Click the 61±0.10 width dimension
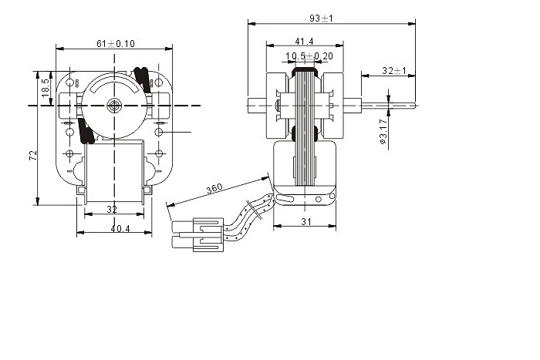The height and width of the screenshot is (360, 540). pyautogui.click(x=116, y=44)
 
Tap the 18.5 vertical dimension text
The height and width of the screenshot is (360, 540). pyautogui.click(x=46, y=88)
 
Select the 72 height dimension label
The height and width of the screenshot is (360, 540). pyautogui.click(x=33, y=155)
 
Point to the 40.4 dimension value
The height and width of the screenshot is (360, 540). pyautogui.click(x=120, y=228)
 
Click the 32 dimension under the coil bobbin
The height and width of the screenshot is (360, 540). pyautogui.click(x=112, y=209)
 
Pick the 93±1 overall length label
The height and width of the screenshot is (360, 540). pyautogui.click(x=322, y=19)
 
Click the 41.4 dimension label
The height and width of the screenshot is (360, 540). pyautogui.click(x=305, y=42)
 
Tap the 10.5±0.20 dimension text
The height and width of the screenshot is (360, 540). pyautogui.click(x=309, y=56)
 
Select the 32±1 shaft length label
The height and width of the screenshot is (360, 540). pyautogui.click(x=394, y=71)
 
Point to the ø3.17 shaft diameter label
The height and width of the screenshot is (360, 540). pyautogui.click(x=383, y=132)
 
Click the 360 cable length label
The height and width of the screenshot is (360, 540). pyautogui.click(x=214, y=189)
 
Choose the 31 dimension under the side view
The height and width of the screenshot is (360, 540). pyautogui.click(x=306, y=222)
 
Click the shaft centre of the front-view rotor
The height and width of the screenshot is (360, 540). pyautogui.click(x=113, y=106)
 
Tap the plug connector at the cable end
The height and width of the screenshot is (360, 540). pyautogui.click(x=197, y=234)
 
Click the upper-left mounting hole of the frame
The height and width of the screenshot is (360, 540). pyautogui.click(x=70, y=82)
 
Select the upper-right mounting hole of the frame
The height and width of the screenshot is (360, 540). pyautogui.click(x=158, y=82)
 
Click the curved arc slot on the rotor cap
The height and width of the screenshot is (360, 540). pyautogui.click(x=113, y=85)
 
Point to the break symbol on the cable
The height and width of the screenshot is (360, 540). pyautogui.click(x=254, y=210)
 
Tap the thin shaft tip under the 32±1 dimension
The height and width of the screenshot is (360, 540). pyautogui.click(x=388, y=106)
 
